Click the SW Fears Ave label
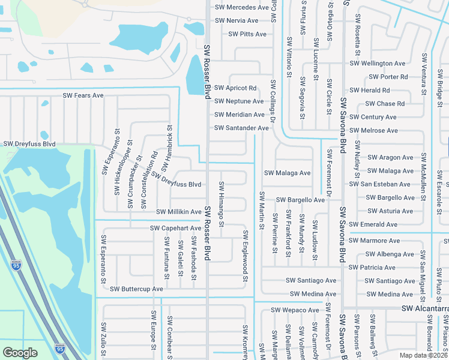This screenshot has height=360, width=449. pos(83,95)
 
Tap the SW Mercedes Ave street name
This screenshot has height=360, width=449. pos(242,7)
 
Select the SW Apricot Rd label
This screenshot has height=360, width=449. pos(235,88)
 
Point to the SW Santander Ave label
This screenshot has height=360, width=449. pos(241,128)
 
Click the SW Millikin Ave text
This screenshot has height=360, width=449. pos(179,212)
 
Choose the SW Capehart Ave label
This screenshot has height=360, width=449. pos(175,228)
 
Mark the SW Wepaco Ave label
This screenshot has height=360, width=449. pos(295,310)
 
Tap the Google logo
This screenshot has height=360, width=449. pos(20,353)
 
